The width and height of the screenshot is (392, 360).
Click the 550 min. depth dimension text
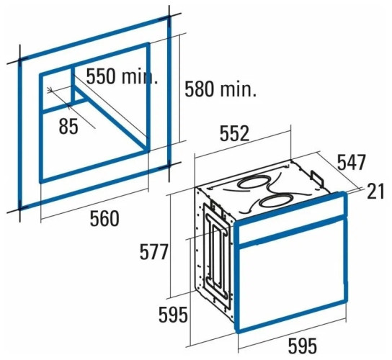pos(122,76)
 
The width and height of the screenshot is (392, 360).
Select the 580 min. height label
pos(220,89)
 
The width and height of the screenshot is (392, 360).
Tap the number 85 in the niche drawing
pos(68,126)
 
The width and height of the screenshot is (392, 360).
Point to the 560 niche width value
pos(104,218)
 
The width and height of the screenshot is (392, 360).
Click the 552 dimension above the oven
pos(234,133)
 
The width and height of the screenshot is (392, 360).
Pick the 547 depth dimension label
pos(352,162)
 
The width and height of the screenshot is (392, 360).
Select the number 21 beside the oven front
pos(375,192)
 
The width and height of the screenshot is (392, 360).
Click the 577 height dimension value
pos(153,252)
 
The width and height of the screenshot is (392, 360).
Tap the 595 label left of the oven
pos(173,315)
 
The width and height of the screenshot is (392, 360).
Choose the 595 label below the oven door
pos(303,346)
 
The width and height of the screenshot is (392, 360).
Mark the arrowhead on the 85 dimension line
pos(50,90)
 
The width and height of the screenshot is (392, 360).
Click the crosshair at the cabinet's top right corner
pos(169,18)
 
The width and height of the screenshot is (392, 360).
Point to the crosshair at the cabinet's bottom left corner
pos(19,208)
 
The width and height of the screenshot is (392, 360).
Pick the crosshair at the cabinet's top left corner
pos(19,60)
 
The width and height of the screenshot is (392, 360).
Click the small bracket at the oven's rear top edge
pos(317,178)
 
